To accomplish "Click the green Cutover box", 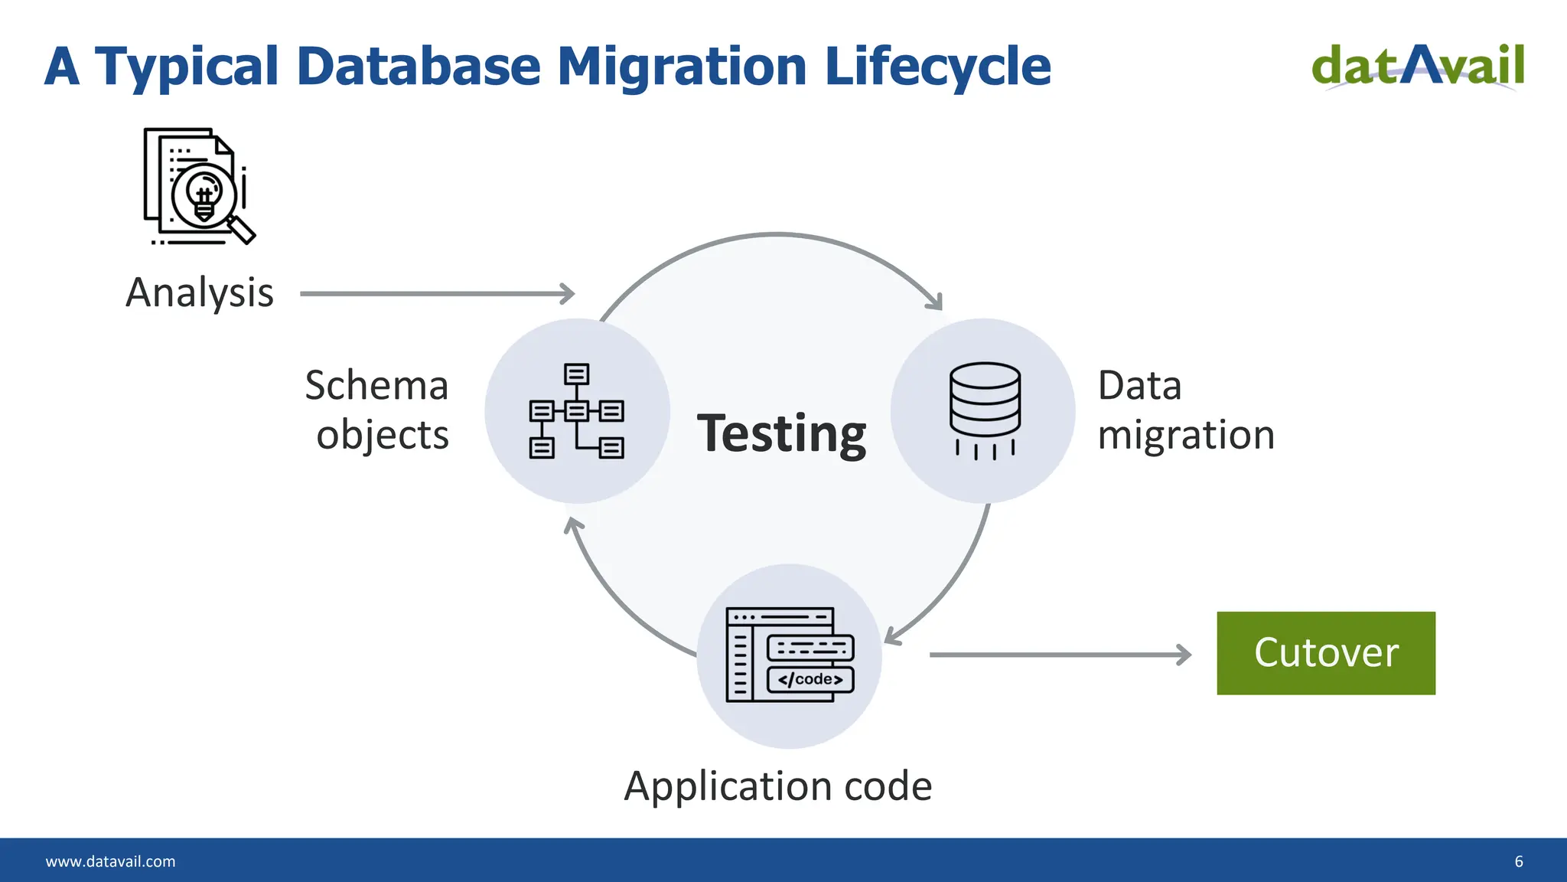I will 1325,653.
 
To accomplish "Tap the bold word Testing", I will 781,434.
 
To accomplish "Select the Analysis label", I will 200,292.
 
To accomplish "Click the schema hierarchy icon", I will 576,411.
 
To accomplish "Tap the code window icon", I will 790,655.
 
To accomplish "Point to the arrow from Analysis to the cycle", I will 436,293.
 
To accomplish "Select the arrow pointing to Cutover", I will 1060,655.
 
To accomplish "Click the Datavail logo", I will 1418,67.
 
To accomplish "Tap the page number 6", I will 1519,861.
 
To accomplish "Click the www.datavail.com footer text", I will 110,861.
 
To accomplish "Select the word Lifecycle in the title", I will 937,66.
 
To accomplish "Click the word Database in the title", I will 419,66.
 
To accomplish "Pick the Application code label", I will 778,786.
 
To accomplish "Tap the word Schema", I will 376,385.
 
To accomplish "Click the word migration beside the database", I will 1186,435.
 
